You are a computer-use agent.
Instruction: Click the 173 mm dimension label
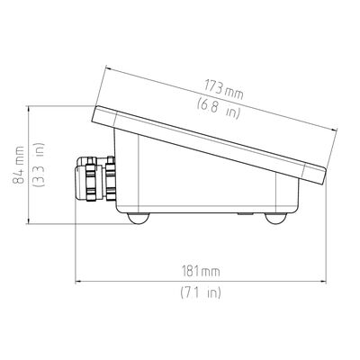[x=223, y=89]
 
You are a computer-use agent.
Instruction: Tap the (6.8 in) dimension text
[x=219, y=109]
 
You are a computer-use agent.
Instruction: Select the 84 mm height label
[x=19, y=165]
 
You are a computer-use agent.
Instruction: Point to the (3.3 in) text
[x=39, y=165]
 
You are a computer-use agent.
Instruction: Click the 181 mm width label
[x=201, y=272]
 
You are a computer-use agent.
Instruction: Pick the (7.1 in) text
[x=201, y=292]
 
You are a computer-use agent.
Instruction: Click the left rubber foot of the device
[x=138, y=218]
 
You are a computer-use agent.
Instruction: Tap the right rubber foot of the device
[x=276, y=219]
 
